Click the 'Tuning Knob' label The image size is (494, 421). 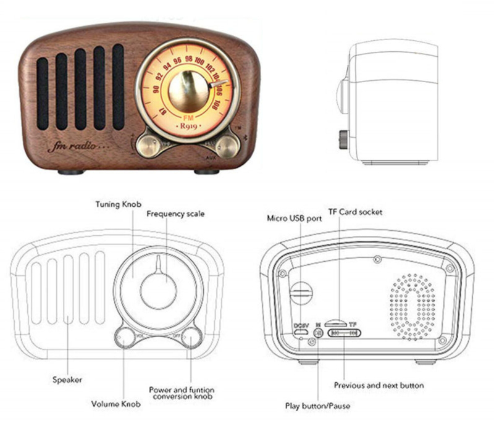point(118,203)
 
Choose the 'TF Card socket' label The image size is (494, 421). point(355,212)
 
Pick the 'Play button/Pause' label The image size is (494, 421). point(317,406)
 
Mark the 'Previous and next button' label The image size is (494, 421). point(379,385)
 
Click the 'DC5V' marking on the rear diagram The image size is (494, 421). point(301,325)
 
